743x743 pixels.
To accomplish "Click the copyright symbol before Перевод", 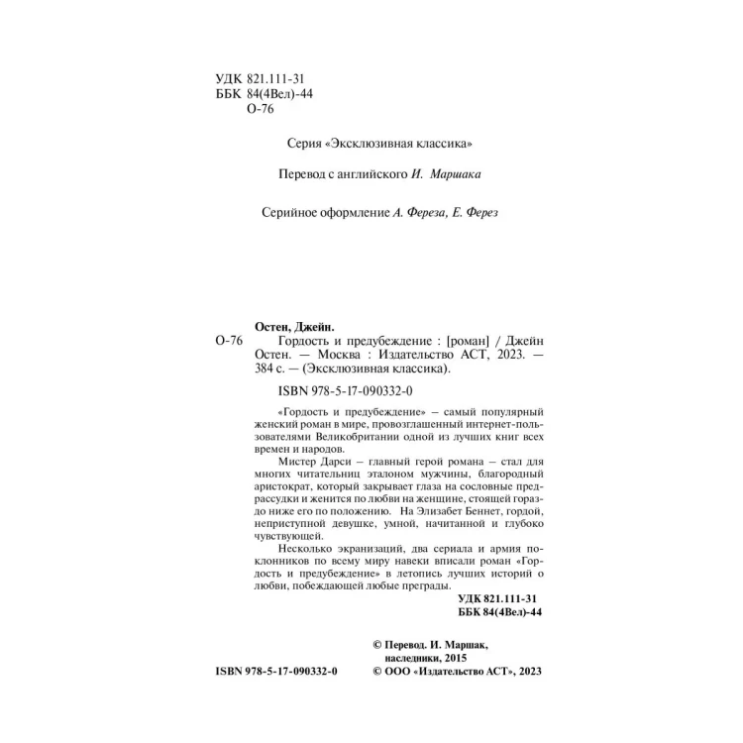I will [375, 642].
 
